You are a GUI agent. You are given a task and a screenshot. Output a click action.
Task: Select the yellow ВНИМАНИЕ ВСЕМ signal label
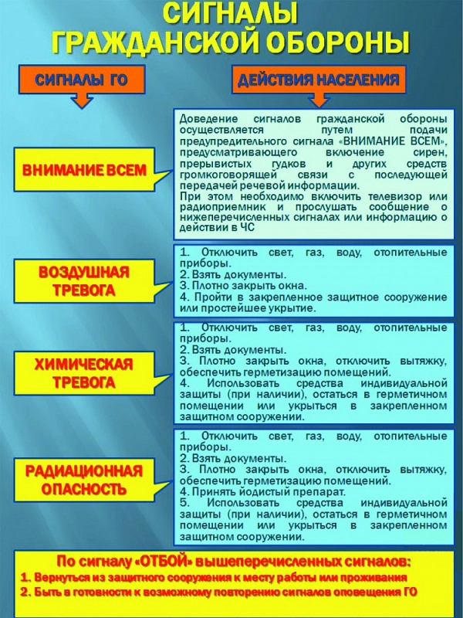(x=86, y=171)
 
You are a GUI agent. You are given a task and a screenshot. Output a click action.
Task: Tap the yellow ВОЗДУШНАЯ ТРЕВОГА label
(x=86, y=282)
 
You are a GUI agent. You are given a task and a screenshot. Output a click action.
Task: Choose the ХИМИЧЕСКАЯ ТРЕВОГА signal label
(x=86, y=373)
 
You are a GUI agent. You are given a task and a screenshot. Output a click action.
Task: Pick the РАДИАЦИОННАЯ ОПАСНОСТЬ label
(x=84, y=480)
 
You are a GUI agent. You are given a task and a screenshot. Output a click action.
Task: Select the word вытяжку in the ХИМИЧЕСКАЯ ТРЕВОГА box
(x=421, y=361)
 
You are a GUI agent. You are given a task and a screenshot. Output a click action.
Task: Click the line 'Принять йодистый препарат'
(x=262, y=491)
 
